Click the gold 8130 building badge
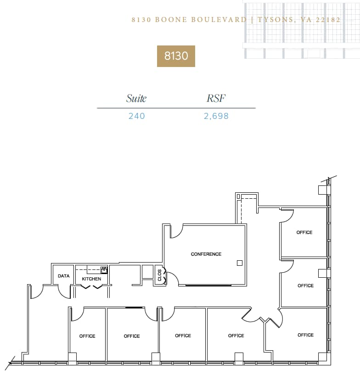(176, 56)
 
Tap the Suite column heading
(136, 98)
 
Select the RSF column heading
(216, 98)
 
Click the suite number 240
(136, 116)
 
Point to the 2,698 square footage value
(216, 116)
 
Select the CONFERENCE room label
(206, 254)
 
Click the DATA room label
(64, 276)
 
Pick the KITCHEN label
(91, 279)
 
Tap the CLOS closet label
(159, 275)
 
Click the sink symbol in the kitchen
(104, 270)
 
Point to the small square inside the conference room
(239, 263)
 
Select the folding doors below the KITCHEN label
(91, 287)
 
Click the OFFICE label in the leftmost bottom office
(87, 336)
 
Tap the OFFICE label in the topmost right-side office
(304, 233)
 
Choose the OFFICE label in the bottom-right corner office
(305, 335)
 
